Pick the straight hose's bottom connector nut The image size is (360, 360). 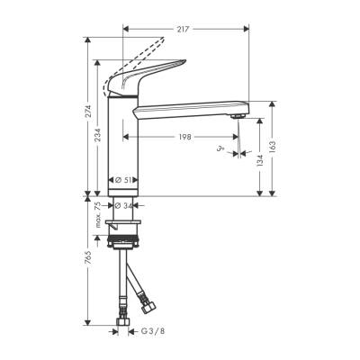point(122,319)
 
